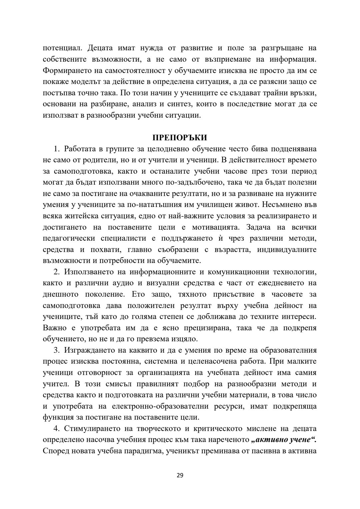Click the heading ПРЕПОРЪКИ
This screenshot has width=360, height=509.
180,138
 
